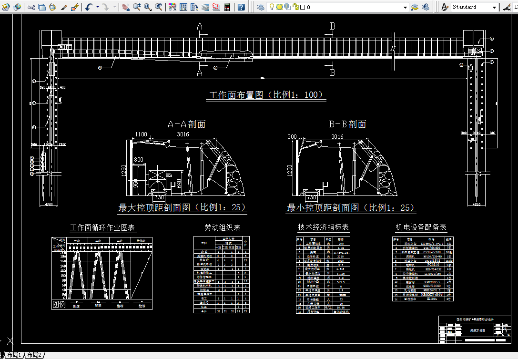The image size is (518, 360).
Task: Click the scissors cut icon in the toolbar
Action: tap(31, 7)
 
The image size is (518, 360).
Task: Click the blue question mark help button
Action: tap(241, 7)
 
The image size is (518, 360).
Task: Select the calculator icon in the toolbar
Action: tap(227, 7)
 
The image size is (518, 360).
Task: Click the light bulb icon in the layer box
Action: tap(272, 7)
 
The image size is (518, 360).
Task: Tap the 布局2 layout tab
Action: tap(34, 355)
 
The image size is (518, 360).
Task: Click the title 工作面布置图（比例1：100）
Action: tap(266, 95)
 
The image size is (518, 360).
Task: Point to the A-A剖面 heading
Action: tap(186, 124)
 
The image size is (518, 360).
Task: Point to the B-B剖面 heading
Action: tap(347, 124)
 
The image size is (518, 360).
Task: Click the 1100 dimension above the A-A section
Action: tap(141, 135)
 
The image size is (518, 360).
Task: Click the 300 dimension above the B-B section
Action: tap(292, 136)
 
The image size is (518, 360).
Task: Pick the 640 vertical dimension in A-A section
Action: tap(179, 183)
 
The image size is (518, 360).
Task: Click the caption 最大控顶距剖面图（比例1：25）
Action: tap(183, 208)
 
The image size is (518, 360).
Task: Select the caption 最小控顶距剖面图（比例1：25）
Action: tap(351, 208)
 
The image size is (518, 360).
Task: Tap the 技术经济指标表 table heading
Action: tap(323, 228)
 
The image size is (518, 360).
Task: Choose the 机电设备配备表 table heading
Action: tap(421, 227)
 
